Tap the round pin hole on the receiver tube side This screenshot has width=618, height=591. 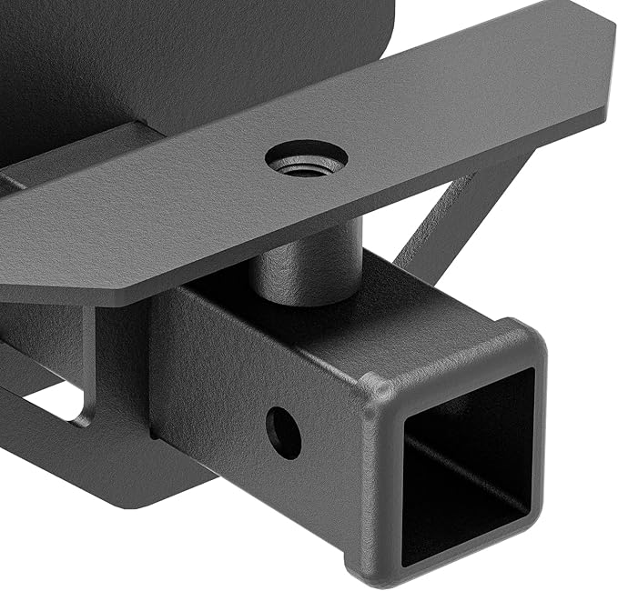tap(284, 432)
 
